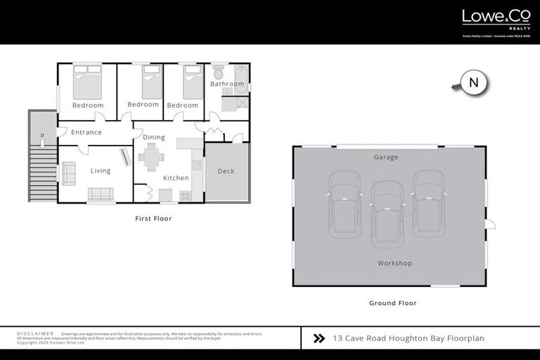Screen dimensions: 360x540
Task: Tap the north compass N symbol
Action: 473,83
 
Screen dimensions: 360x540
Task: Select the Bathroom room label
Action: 227,84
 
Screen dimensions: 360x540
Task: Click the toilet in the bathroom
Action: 218,72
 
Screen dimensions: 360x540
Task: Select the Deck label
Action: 226,171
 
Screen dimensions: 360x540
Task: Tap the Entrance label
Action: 86,132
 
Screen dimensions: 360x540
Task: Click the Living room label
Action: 101,171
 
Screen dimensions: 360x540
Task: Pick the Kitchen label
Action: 176,178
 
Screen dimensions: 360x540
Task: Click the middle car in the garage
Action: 387,213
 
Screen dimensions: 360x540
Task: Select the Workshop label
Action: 394,264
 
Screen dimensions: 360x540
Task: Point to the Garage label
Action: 386,157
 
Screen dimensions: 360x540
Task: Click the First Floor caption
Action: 153,219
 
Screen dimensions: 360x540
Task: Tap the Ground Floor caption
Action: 392,303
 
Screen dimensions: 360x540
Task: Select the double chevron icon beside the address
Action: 319,338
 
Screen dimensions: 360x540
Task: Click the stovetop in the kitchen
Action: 186,195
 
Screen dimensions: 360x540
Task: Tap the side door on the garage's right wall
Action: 491,225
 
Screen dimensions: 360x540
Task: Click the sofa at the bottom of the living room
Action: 101,194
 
